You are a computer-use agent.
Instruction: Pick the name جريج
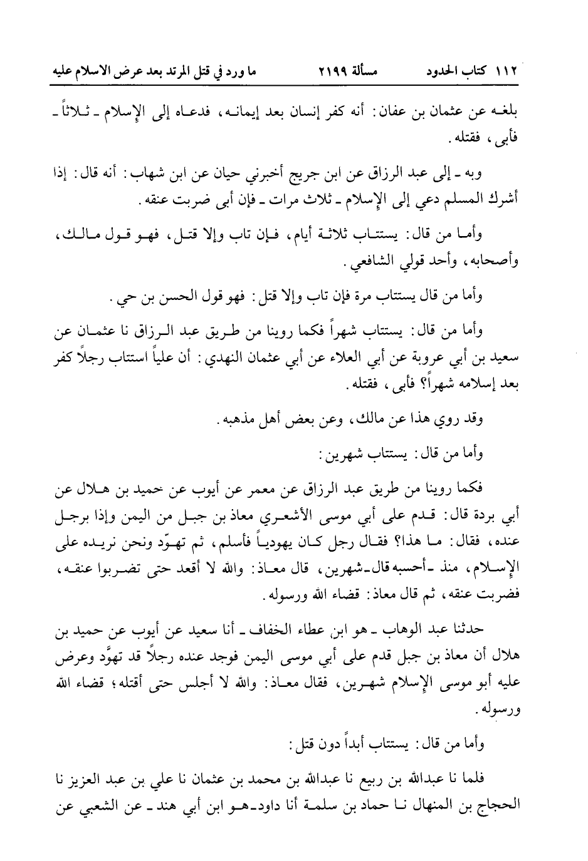[337, 173]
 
